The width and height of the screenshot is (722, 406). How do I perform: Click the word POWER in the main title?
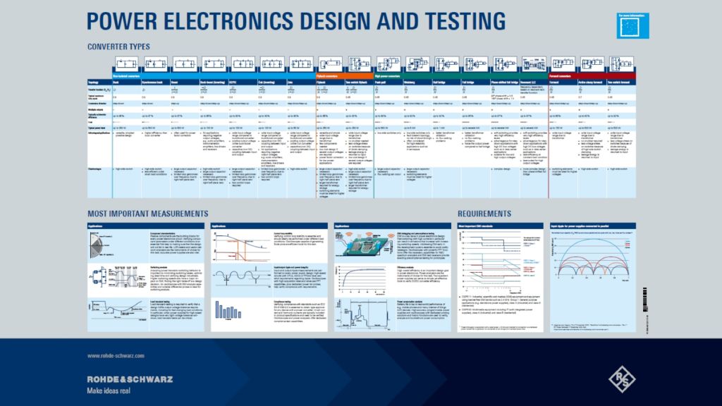pyautogui.click(x=124, y=23)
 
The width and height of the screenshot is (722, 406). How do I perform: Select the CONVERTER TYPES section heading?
pyautogui.click(x=118, y=47)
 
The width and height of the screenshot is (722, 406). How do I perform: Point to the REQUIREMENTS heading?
pyautogui.click(x=484, y=214)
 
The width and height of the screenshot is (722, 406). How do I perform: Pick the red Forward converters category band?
pyautogui.click(x=592, y=75)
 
